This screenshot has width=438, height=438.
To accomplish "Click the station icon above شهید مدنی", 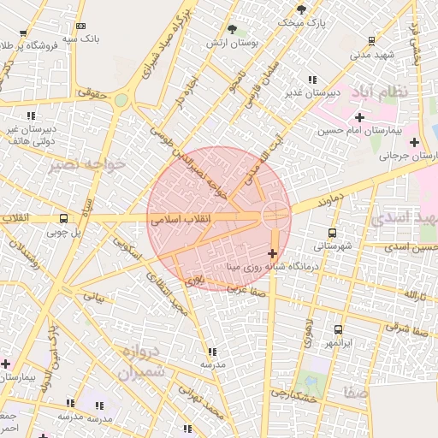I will [371, 40].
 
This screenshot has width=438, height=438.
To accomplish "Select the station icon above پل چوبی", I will [63, 217].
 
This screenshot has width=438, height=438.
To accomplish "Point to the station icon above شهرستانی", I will [332, 232].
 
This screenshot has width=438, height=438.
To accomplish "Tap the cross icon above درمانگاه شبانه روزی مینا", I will [273, 253].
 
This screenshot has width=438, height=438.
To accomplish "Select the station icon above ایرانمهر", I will [338, 329].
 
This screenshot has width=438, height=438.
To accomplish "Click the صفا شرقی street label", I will [401, 326].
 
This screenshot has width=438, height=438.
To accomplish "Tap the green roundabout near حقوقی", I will [121, 101].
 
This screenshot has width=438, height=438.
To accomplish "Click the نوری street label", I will [196, 280].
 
